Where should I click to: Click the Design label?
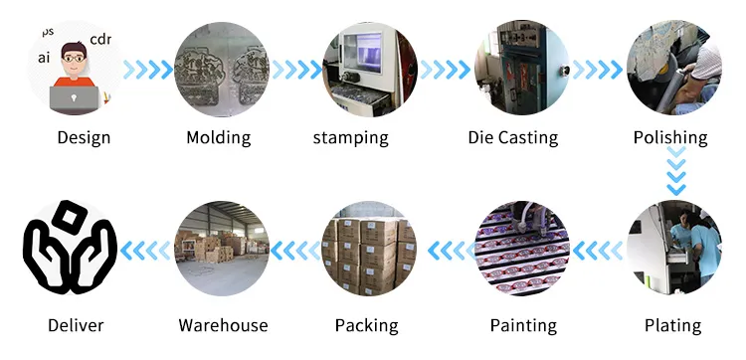click(x=84, y=137)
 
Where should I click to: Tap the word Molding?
click(x=219, y=137)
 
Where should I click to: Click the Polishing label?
click(x=670, y=137)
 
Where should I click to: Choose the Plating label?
click(x=672, y=325)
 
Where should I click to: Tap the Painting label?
click(x=524, y=325)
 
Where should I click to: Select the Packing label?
click(x=366, y=325)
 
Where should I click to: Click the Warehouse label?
click(x=223, y=325)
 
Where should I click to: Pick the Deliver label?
click(x=76, y=325)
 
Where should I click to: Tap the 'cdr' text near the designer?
click(x=100, y=40)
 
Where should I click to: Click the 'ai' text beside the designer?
click(x=44, y=59)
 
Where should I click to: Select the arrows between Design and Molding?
click(x=148, y=70)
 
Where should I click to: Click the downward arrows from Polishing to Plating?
click(x=675, y=172)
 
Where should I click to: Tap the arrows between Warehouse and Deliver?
click(x=146, y=253)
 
